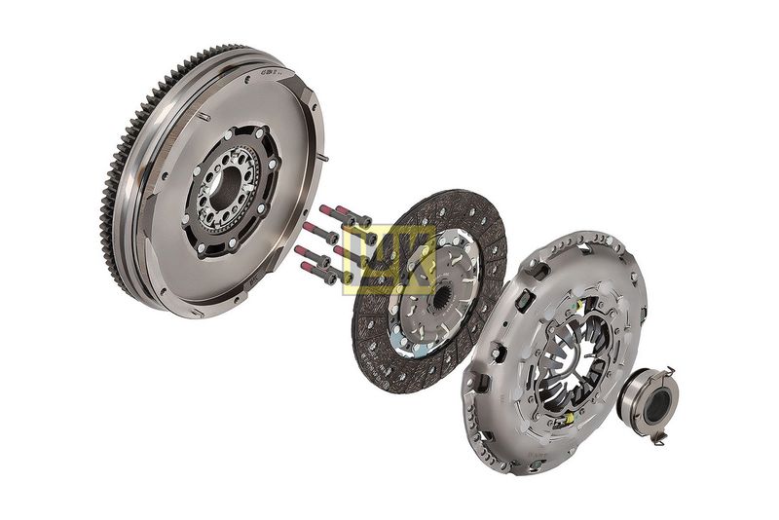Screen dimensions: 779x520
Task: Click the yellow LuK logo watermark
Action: coord(389,258)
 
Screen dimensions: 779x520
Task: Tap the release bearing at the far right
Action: coord(649,399)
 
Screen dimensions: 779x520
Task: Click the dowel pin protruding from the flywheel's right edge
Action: coord(323,159)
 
